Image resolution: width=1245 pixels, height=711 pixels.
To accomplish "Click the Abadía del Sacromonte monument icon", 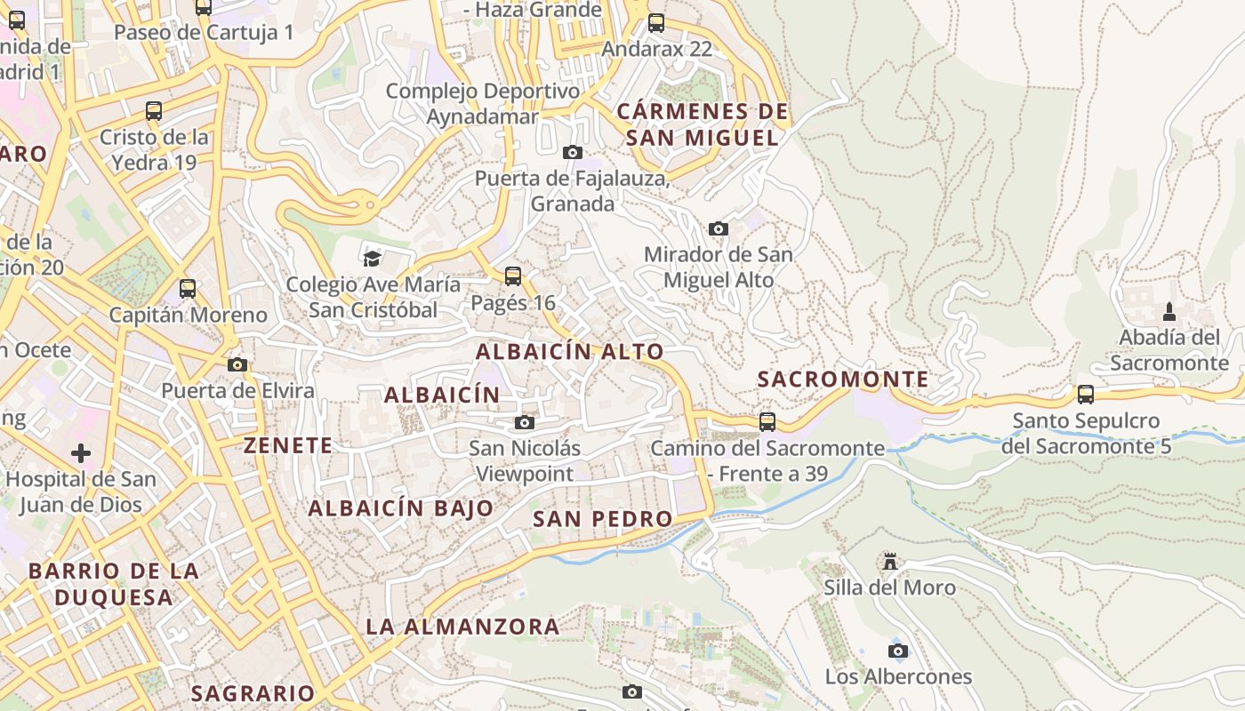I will pyautogui.click(x=1169, y=312).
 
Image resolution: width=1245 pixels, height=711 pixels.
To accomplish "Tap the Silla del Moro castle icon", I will pyautogui.click(x=889, y=562).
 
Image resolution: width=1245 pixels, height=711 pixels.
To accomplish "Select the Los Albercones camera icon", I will pyautogui.click(x=898, y=651).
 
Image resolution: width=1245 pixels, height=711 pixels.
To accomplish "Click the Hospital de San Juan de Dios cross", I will pyautogui.click(x=81, y=453).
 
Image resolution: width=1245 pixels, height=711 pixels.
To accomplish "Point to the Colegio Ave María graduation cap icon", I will pyautogui.click(x=372, y=259).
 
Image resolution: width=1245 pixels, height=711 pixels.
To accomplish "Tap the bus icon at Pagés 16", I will pyautogui.click(x=513, y=276).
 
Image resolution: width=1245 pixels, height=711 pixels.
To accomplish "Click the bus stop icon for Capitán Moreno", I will pyautogui.click(x=188, y=289).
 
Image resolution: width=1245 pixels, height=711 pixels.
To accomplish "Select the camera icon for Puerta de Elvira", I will pyautogui.click(x=237, y=364).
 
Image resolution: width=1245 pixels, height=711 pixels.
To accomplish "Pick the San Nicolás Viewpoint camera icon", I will pyautogui.click(x=525, y=422).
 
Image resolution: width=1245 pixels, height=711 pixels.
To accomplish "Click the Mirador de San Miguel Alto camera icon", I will pyautogui.click(x=719, y=228).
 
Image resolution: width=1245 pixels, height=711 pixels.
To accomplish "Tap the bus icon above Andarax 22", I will pyautogui.click(x=656, y=23).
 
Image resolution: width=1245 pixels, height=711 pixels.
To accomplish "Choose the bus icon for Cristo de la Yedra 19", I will pyautogui.click(x=154, y=111).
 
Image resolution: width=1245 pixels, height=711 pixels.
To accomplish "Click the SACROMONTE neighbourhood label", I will pyautogui.click(x=842, y=379).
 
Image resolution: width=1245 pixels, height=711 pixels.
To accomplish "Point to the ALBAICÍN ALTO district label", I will pyautogui.click(x=569, y=351).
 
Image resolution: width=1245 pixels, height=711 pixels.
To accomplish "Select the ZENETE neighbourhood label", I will pyautogui.click(x=287, y=445).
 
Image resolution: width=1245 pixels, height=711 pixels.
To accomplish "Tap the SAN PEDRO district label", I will pyautogui.click(x=602, y=519).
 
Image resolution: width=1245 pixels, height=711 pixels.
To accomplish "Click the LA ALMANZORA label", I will pyautogui.click(x=462, y=627).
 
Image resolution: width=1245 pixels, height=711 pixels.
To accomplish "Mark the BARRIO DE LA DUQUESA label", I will pyautogui.click(x=113, y=584).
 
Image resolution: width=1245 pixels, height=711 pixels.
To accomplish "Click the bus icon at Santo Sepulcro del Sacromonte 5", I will pyautogui.click(x=1085, y=394).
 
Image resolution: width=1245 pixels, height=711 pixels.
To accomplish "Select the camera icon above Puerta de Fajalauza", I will pyautogui.click(x=573, y=152).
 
